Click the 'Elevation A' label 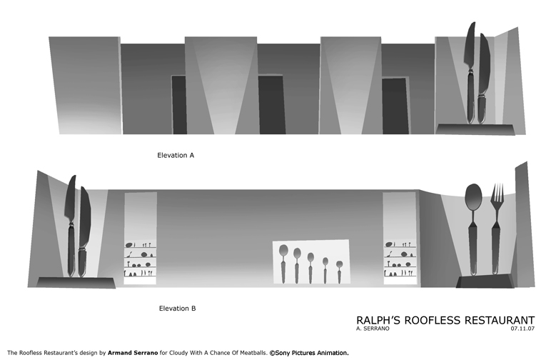click(176, 155)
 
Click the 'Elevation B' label click(177, 308)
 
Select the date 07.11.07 click(522, 329)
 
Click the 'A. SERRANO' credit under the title click(373, 329)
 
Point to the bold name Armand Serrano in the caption click(133, 353)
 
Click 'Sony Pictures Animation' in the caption click(312, 353)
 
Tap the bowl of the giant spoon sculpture click(473, 196)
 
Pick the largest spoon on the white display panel click(283, 264)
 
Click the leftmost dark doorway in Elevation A click(179, 105)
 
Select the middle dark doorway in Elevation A click(272, 104)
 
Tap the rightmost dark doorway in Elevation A click(395, 106)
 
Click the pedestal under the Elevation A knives click(475, 129)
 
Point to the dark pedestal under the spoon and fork click(485, 281)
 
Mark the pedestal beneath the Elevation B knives click(76, 283)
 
